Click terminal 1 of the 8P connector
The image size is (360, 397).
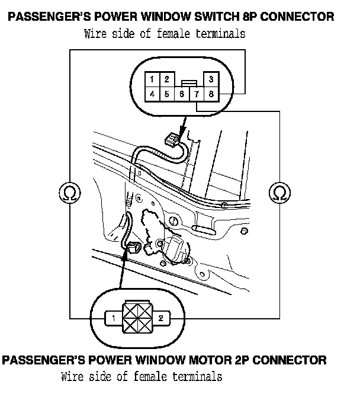[153, 79]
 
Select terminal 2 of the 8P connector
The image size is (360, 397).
[167, 79]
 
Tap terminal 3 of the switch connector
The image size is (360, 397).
[211, 79]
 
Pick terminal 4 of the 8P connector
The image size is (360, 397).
[153, 94]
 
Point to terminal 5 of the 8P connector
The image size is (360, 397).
[167, 94]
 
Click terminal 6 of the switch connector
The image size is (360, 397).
[182, 94]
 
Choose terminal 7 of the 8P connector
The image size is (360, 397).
[197, 94]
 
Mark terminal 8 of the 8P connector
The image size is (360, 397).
[211, 94]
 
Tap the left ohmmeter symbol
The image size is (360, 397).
[70, 192]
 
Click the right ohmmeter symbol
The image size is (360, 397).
[279, 192]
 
